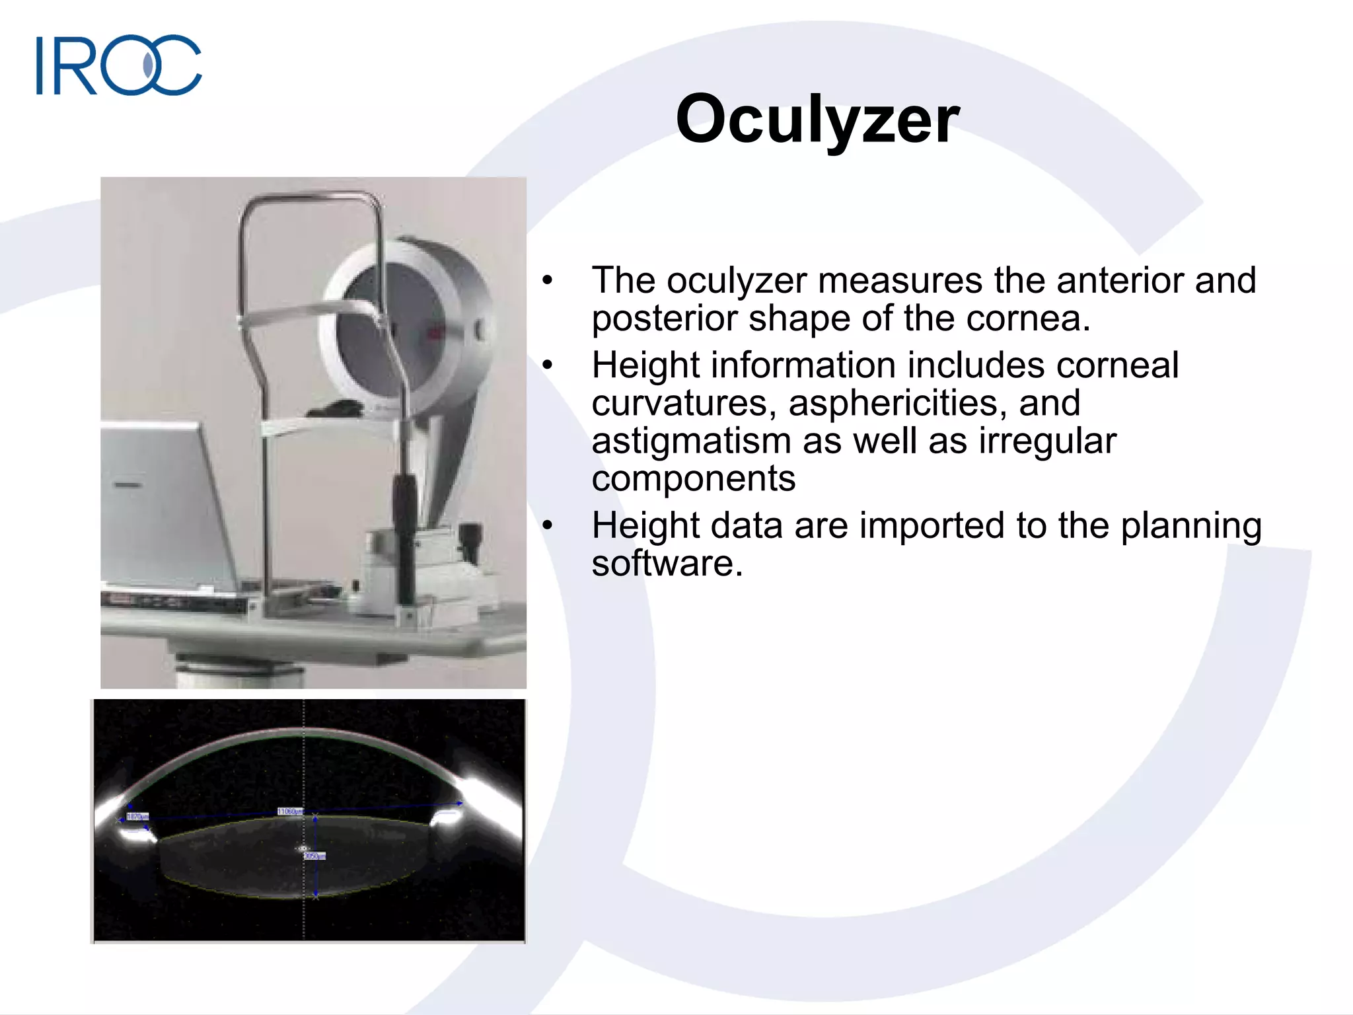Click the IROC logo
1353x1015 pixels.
119,65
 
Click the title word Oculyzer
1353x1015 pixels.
817,119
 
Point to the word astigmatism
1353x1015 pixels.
690,441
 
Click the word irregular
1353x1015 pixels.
1046,441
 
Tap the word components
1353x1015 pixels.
693,478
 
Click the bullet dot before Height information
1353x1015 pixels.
547,365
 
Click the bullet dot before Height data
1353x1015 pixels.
547,526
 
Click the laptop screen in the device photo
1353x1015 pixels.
159,502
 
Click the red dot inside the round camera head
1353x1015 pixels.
434,334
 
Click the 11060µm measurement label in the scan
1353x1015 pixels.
289,811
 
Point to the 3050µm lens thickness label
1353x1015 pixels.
314,856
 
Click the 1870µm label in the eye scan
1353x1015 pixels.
137,817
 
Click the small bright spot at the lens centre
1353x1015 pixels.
303,848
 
